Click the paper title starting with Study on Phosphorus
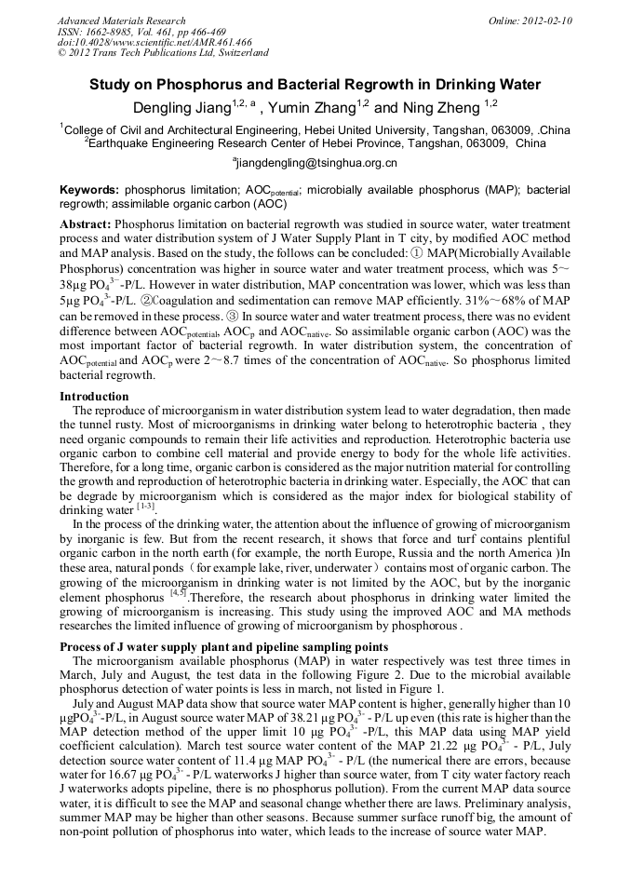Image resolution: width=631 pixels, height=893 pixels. (315, 85)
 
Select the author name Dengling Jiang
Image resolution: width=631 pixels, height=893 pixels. (188, 107)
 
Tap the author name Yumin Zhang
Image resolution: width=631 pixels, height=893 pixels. (322, 107)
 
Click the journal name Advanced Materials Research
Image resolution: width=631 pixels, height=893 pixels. (122, 20)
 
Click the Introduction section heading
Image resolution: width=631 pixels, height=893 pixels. (94, 397)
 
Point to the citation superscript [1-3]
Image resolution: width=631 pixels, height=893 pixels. (146, 507)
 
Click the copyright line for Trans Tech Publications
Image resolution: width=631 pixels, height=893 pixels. (163, 53)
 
